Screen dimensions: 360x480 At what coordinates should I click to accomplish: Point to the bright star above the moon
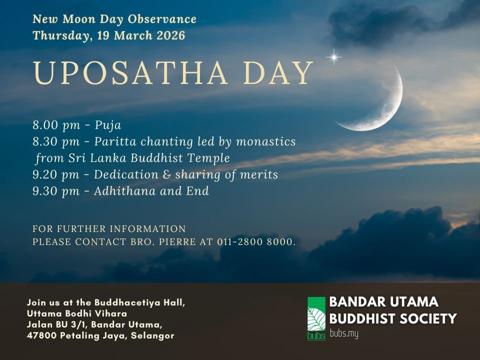click(x=334, y=57)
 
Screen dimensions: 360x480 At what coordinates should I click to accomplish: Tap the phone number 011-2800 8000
click(x=255, y=242)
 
